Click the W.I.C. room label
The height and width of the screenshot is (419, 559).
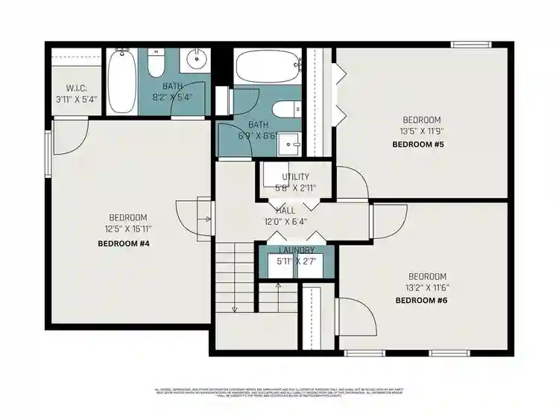(76, 88)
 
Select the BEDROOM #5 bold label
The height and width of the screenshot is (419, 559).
(418, 144)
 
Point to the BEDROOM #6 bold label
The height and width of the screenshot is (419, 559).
(420, 300)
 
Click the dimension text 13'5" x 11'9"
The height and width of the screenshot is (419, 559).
(421, 130)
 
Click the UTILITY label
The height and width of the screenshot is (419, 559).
(295, 177)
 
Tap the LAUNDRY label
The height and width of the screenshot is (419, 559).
(296, 250)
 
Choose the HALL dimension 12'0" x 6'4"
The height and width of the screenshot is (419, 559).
(285, 221)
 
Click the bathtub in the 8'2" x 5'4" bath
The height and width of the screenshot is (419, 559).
(121, 82)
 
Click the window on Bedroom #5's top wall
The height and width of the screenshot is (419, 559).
(475, 45)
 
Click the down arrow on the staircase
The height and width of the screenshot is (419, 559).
(234, 308)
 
